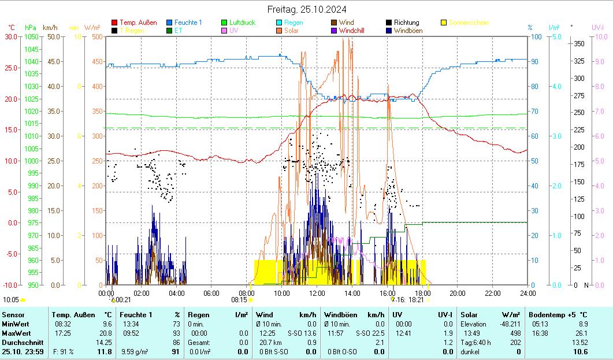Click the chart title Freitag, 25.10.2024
click(307, 9)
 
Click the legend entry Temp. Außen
click(138, 23)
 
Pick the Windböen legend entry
click(408, 31)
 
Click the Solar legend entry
click(291, 31)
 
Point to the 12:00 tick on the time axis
click(317, 293)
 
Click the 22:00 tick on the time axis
click(492, 293)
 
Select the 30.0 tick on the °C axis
click(11, 36)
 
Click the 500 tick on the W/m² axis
click(97, 36)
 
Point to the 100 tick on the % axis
click(536, 36)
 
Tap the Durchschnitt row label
click(20, 342)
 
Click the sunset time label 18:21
click(416, 300)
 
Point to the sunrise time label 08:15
click(239, 300)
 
